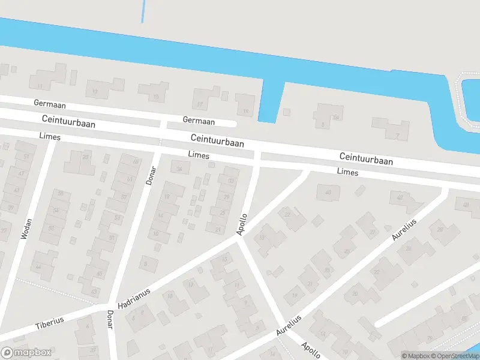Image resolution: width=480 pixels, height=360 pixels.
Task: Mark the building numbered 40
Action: (x=328, y=192)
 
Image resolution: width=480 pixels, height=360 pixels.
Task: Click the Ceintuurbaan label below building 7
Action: (x=365, y=158)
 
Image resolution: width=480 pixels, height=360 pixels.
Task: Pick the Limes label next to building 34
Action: (x=199, y=155)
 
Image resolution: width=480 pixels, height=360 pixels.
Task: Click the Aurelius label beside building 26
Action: (x=404, y=230)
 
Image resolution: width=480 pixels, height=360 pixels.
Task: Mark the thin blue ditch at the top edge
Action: (x=143, y=11)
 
